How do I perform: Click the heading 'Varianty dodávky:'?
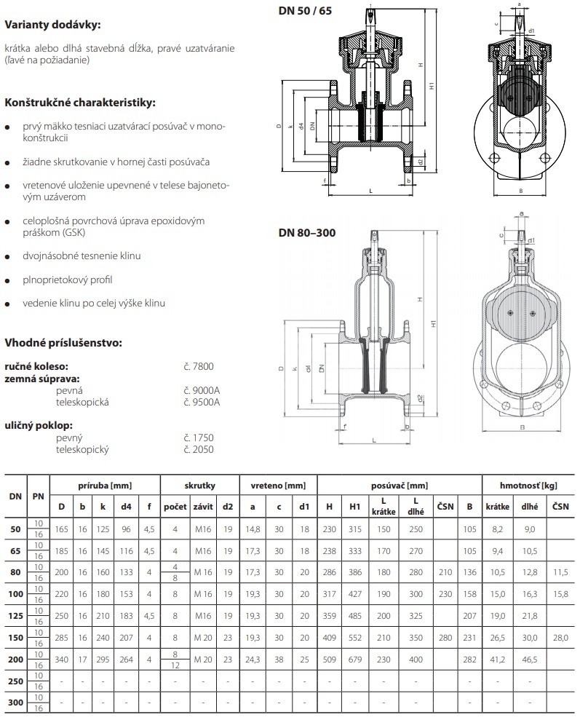click(52, 24)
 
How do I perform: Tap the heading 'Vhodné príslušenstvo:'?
click(63, 342)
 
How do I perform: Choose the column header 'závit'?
click(202, 506)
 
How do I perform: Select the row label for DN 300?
click(15, 703)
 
